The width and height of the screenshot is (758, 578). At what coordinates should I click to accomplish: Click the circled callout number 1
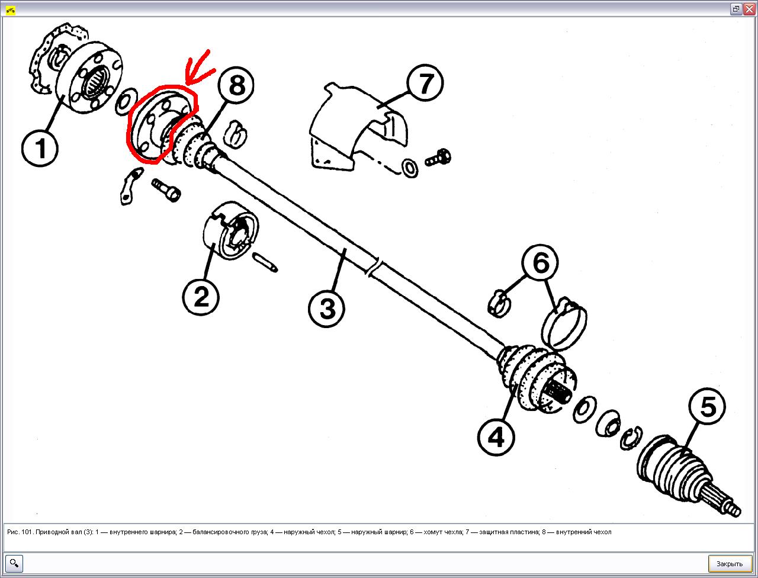[40, 149]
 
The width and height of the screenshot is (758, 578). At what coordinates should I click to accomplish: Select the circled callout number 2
[201, 297]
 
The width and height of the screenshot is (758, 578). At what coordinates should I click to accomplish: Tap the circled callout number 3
[327, 309]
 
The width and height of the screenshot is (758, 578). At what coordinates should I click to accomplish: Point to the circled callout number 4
[496, 437]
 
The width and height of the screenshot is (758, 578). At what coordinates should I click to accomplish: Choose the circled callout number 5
[707, 406]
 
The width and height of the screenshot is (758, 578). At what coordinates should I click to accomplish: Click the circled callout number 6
[541, 263]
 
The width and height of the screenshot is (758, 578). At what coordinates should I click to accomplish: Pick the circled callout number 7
[425, 83]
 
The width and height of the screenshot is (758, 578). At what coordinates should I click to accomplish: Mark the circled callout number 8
[236, 85]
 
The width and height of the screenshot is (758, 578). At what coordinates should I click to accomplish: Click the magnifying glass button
[14, 563]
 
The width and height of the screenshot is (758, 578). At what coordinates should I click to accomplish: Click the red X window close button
[749, 9]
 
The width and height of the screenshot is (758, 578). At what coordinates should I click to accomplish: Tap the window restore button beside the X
[736, 9]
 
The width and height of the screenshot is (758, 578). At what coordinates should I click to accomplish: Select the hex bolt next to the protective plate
[438, 158]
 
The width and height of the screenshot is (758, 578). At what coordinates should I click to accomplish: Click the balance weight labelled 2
[230, 230]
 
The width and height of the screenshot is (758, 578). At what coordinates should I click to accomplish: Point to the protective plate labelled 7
[358, 127]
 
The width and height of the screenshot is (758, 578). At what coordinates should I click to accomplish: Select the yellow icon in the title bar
[11, 10]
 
